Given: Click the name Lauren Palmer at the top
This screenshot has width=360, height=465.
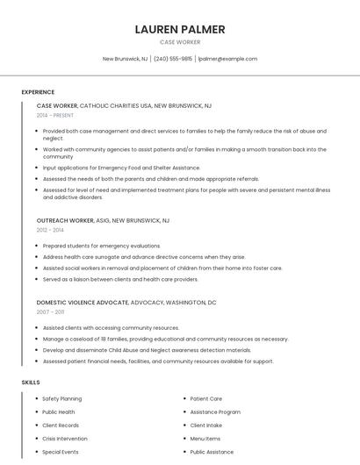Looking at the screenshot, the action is tap(180, 29).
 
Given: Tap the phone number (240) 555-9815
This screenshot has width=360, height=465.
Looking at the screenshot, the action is tap(173, 59).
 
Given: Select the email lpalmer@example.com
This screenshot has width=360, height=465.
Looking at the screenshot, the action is tap(227, 59).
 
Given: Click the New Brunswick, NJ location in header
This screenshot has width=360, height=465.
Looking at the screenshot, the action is tap(125, 59).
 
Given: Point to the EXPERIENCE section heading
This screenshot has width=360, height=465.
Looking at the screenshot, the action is tap(38, 92).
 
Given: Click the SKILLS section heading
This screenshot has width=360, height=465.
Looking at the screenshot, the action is tap(31, 383).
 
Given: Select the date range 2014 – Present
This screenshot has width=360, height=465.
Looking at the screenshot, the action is tap(55, 115).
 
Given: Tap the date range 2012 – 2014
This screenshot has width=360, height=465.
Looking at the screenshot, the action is tap(50, 230).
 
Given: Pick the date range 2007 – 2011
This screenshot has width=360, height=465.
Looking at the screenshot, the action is tap(50, 311).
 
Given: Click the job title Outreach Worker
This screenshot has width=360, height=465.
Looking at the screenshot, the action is tap(65, 220).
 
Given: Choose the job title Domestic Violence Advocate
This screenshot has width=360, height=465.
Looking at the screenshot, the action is tap(83, 302).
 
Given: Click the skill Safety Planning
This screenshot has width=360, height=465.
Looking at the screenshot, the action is tap(61, 398).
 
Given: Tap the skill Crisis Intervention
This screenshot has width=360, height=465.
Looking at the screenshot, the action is tap(65, 438).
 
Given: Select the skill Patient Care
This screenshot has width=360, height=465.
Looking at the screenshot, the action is tap(205, 398).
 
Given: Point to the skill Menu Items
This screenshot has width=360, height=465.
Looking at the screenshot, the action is tap(205, 438).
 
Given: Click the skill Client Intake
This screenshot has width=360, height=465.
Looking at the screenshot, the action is tap(205, 425).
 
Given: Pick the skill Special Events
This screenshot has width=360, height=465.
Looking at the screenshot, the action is tap(60, 452).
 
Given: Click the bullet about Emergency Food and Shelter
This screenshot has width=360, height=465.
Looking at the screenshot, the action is tap(121, 168).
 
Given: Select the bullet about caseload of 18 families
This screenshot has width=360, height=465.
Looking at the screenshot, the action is tap(165, 339).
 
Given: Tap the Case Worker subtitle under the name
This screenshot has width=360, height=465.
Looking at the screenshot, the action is tap(180, 42).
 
